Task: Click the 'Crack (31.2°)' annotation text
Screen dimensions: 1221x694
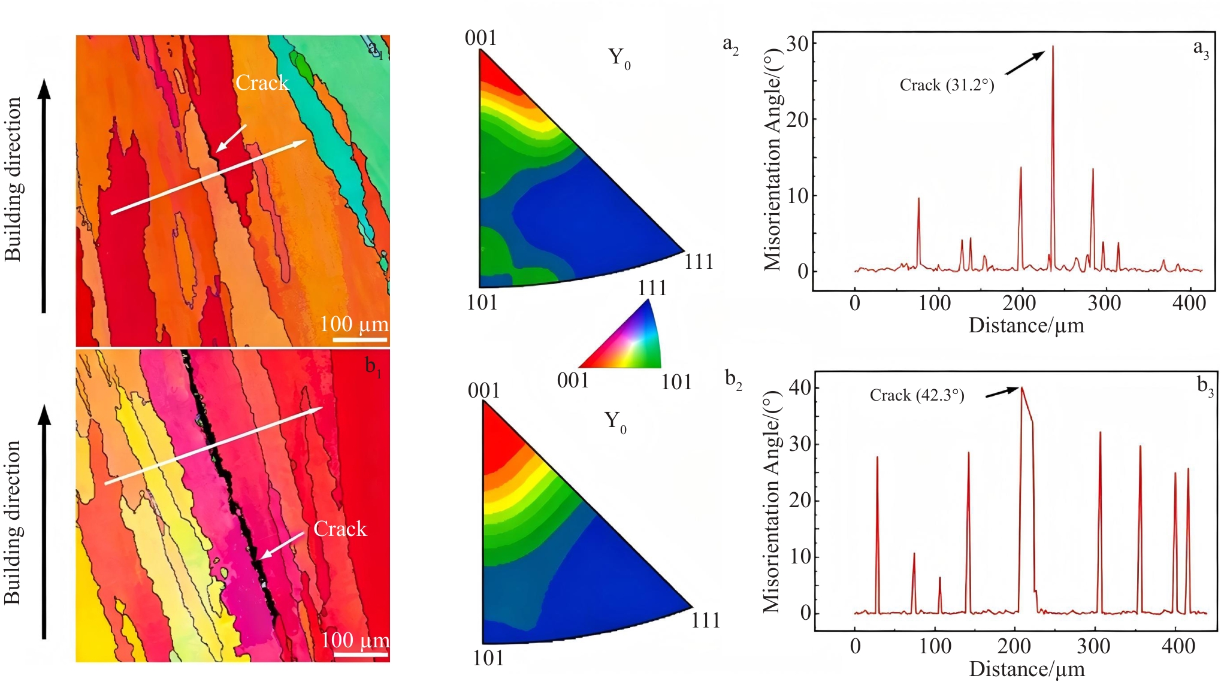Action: (x=947, y=86)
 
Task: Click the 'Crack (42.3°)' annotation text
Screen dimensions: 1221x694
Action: (x=917, y=396)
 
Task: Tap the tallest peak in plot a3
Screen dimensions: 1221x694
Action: (x=1053, y=47)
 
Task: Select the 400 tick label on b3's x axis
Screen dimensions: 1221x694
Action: (x=1178, y=647)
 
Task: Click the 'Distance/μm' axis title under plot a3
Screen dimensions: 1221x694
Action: (x=1026, y=326)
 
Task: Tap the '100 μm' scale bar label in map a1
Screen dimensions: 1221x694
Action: (x=354, y=325)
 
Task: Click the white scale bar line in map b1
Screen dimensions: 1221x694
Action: (x=361, y=654)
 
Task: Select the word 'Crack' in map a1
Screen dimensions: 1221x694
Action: (x=262, y=83)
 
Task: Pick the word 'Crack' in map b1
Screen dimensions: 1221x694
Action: (x=340, y=529)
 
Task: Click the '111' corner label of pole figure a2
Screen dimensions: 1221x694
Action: (x=699, y=262)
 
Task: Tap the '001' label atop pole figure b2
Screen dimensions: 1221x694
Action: (x=483, y=391)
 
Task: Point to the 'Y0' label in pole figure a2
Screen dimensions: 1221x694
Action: (x=619, y=58)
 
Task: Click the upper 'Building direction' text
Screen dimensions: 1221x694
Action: (x=13, y=179)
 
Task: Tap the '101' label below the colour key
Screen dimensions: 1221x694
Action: (x=676, y=382)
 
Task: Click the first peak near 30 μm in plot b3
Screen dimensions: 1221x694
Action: (x=877, y=457)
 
